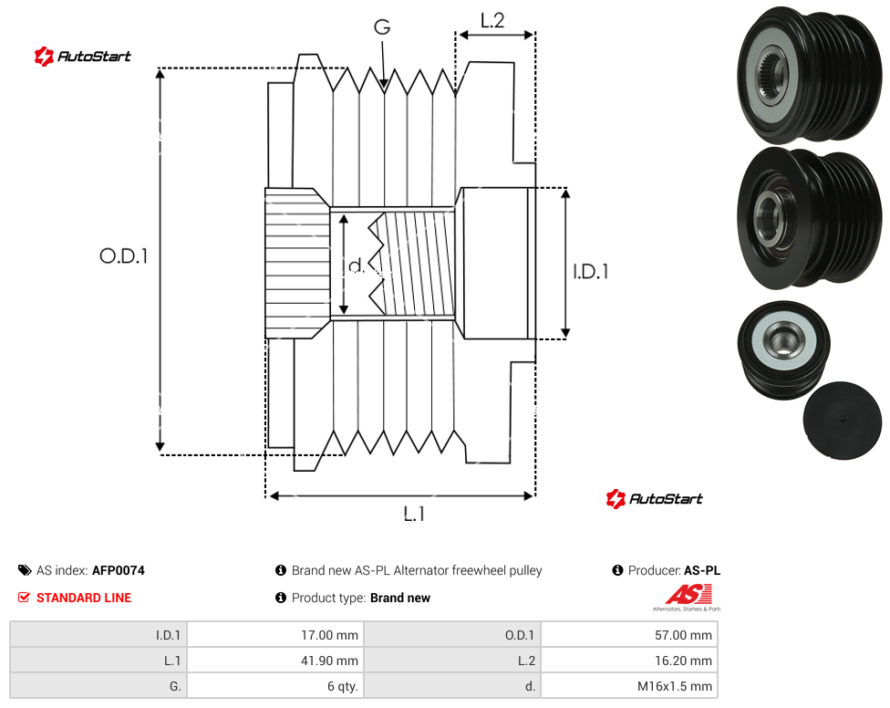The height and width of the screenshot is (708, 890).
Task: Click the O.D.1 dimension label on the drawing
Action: pos(124,256)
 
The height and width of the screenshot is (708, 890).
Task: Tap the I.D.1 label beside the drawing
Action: pos(590,271)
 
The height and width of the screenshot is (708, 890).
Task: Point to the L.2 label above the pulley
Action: pos(492,20)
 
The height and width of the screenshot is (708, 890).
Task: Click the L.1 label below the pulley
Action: pos(414,515)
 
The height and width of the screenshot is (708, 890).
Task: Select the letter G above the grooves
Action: pos(382,26)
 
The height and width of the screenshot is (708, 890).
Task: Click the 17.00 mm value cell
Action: pos(329,635)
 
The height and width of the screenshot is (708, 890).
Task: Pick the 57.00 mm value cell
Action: pos(683,635)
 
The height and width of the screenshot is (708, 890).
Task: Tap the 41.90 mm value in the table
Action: pos(329,661)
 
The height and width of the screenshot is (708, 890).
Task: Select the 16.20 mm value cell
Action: pos(683,661)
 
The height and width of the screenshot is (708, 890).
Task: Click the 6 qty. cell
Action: pos(342,686)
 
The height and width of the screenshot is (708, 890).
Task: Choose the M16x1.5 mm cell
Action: pos(674,686)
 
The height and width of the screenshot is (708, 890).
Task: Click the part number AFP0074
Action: pos(118,570)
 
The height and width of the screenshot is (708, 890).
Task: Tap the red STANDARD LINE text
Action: pos(84,598)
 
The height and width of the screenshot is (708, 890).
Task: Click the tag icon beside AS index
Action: pos(25,570)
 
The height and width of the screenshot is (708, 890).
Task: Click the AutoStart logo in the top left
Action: pos(82,56)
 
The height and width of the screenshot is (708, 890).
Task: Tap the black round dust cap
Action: pos(843,420)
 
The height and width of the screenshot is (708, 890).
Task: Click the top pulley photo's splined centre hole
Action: pos(771,73)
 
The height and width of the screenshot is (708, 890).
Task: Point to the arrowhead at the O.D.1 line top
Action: pos(160,73)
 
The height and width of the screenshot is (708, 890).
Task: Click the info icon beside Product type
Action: pos(280,598)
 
